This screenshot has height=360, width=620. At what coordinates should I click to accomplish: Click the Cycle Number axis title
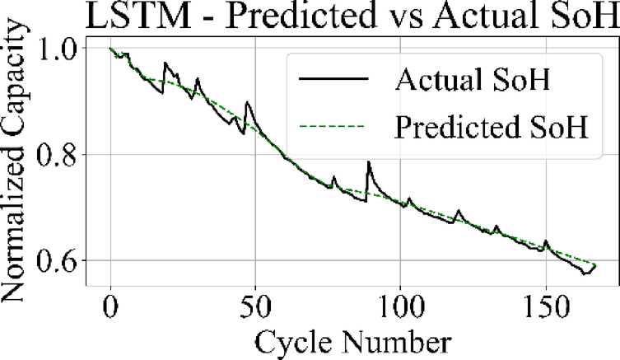tap(355, 339)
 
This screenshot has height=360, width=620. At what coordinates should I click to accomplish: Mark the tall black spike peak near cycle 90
tap(368, 162)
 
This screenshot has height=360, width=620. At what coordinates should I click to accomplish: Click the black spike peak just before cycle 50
tap(247, 102)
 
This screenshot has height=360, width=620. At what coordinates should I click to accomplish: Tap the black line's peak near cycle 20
tap(165, 63)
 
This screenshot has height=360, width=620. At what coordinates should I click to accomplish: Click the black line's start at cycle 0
tap(110, 48)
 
